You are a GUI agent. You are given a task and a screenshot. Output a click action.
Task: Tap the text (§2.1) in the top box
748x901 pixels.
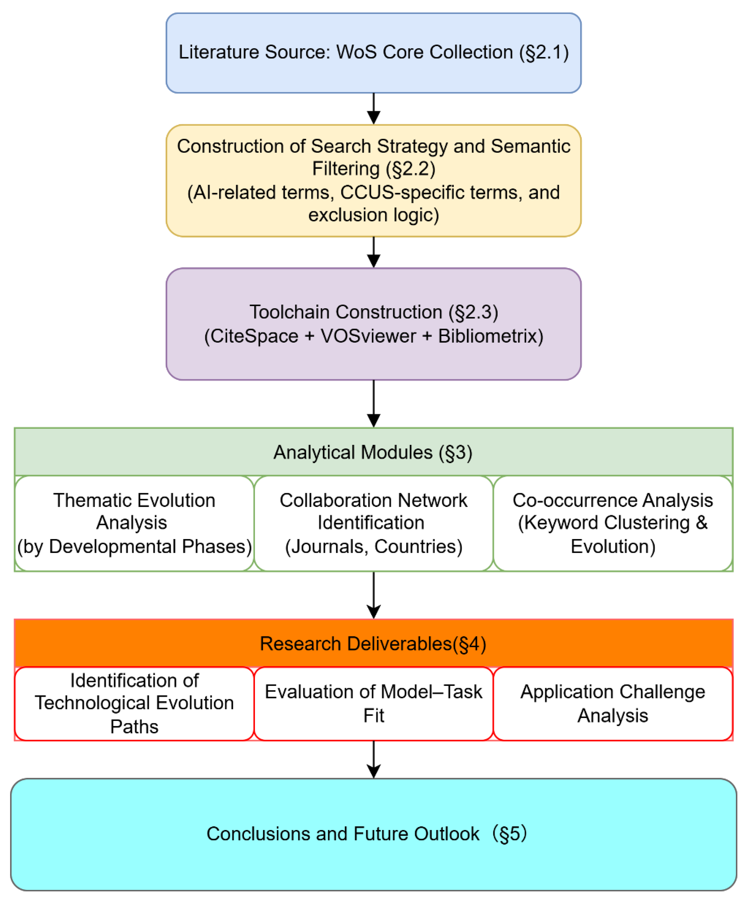pyautogui.click(x=544, y=52)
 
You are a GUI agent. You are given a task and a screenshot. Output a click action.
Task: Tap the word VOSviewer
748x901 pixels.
pyautogui.click(x=368, y=336)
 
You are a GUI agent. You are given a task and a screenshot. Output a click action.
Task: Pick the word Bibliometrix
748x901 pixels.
pyautogui.click(x=487, y=336)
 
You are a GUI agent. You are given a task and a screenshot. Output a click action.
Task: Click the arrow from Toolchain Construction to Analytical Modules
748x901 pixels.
pyautogui.click(x=374, y=403)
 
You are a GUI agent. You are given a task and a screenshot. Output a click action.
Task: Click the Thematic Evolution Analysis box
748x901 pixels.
pyautogui.click(x=134, y=523)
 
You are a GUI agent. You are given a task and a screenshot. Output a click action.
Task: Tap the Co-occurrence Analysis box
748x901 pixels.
pyautogui.click(x=612, y=523)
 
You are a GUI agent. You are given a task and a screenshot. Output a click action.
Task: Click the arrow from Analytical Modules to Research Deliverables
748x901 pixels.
pyautogui.click(x=374, y=595)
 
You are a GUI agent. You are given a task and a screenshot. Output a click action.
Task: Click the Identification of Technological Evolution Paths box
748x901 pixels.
pyautogui.click(x=134, y=704)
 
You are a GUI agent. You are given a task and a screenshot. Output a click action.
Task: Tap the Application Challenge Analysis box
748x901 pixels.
pyautogui.click(x=612, y=704)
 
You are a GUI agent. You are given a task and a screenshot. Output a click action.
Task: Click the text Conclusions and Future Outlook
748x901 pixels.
pyautogui.click(x=343, y=834)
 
